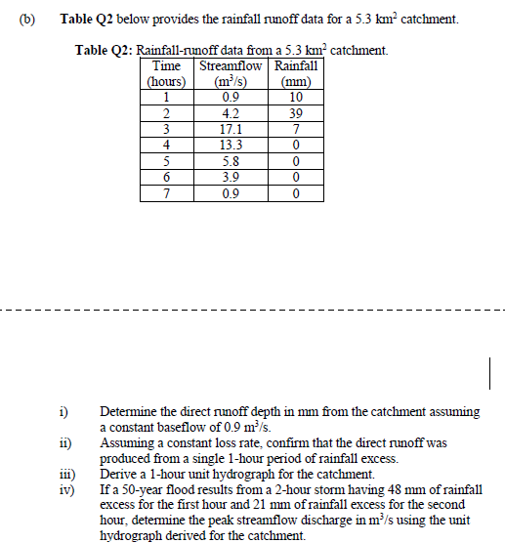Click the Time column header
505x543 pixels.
click(x=167, y=66)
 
